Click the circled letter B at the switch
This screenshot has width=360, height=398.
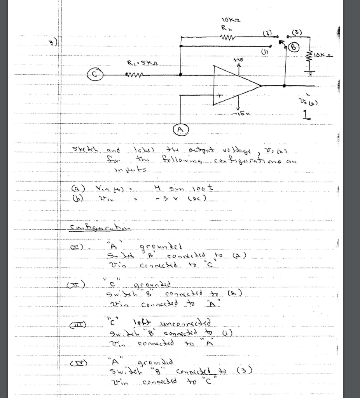coord(293,47)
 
